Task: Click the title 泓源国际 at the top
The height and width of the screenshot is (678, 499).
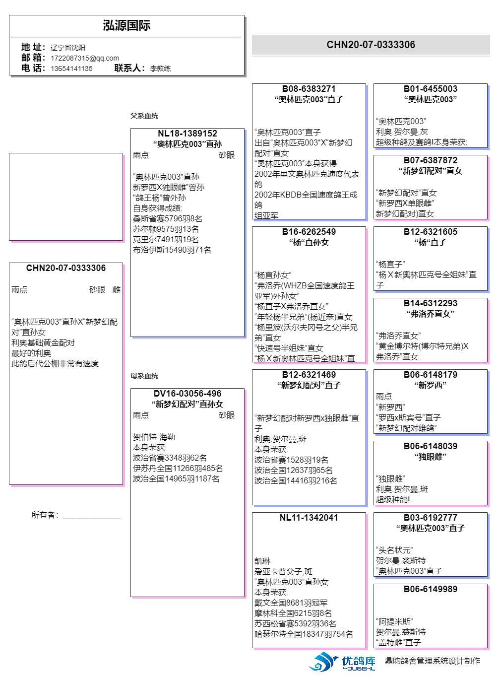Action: point(126,26)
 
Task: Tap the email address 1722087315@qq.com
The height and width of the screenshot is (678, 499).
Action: point(84,58)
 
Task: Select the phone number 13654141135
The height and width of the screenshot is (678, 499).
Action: point(71,68)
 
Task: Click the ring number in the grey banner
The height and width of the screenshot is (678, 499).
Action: point(371,45)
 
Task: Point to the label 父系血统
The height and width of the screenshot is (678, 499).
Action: point(144,116)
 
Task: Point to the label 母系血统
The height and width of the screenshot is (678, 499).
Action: point(144,376)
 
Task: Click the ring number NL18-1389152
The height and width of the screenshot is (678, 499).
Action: point(187,134)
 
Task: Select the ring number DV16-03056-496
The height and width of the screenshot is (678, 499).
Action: point(187,394)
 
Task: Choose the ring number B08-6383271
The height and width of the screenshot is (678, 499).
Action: point(309,89)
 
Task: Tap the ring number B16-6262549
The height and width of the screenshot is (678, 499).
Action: point(309,232)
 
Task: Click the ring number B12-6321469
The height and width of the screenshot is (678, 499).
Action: point(309,375)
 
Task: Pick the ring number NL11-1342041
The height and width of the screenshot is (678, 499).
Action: point(309,518)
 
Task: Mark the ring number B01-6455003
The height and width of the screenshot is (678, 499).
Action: point(430,89)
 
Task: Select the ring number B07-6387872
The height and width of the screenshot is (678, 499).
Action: point(430,160)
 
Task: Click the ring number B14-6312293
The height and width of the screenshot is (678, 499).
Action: point(430,303)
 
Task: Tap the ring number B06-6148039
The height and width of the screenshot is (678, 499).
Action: point(430,446)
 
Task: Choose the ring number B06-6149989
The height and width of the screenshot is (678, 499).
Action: point(430,589)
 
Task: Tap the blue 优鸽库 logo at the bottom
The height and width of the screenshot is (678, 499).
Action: point(342,662)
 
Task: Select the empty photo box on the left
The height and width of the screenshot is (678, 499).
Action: point(66,197)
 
